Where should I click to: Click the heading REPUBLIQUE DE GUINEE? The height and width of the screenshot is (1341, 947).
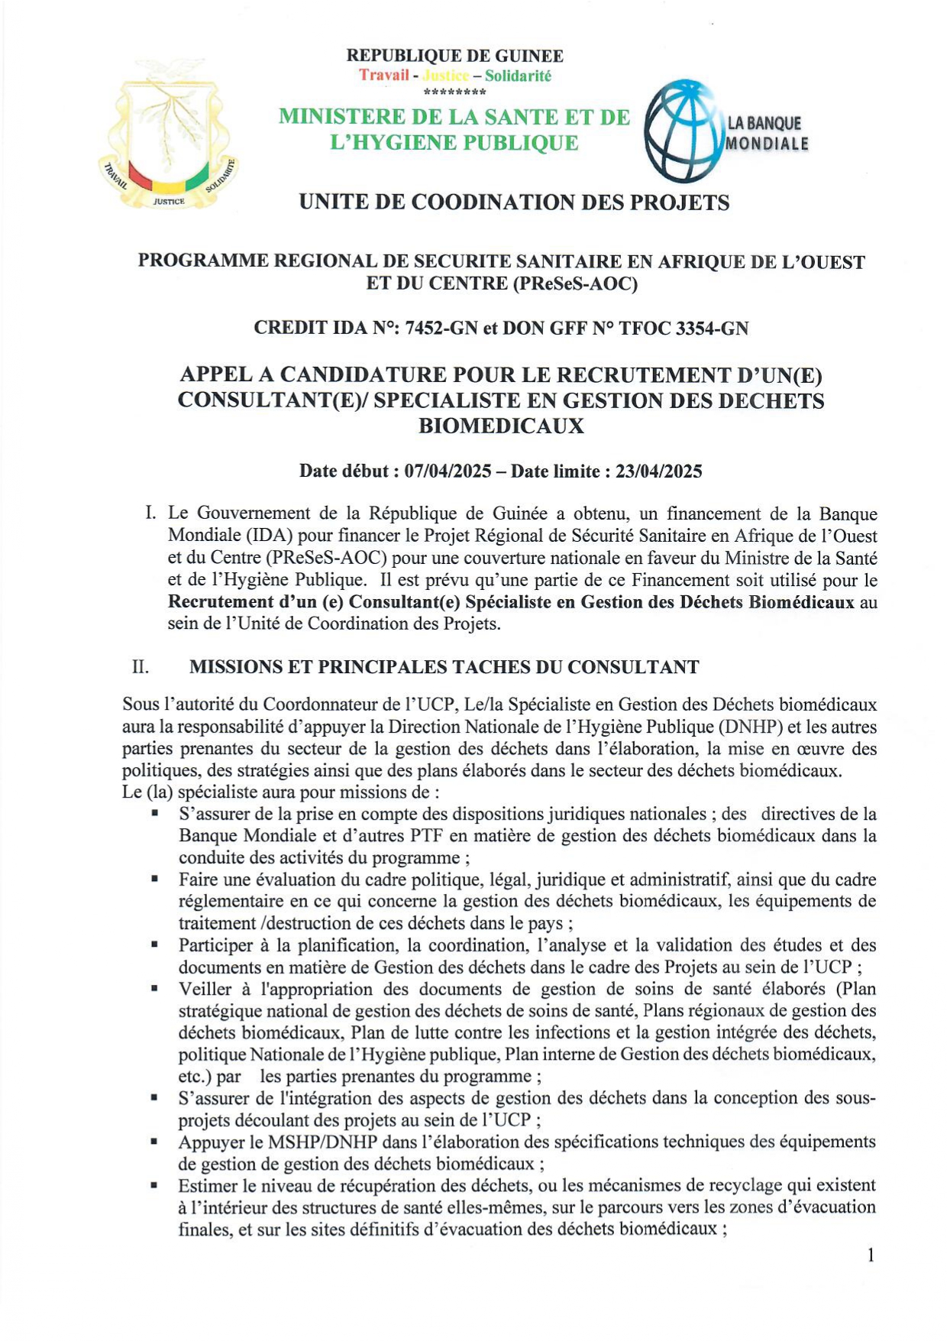point(455,56)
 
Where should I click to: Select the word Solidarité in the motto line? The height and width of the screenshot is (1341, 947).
point(518,76)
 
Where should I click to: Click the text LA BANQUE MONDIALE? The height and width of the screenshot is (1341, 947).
point(766,133)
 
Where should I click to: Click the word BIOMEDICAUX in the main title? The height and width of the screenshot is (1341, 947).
point(501,426)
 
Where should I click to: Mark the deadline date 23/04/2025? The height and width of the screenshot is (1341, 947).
point(659,471)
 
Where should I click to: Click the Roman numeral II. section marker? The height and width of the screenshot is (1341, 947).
point(141,667)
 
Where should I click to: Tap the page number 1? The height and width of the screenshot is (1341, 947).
point(870,1255)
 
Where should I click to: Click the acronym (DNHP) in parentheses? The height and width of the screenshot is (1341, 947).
point(755,727)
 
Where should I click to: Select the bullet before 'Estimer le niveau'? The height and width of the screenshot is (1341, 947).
point(155,1185)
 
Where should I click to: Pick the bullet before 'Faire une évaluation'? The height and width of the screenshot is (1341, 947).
point(155,879)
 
